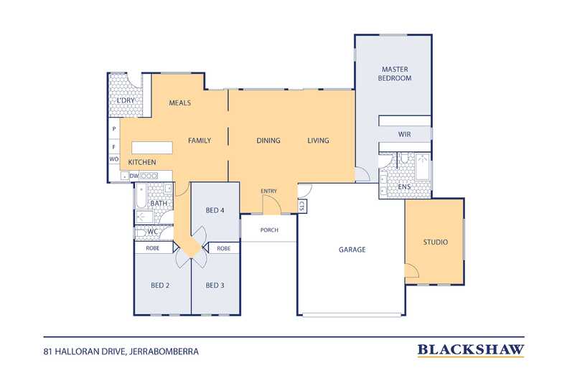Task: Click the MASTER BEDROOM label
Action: click(x=395, y=73)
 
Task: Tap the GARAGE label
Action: click(x=352, y=250)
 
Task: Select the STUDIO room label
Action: click(x=436, y=242)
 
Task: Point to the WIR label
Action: click(x=404, y=134)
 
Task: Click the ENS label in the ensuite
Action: click(x=404, y=186)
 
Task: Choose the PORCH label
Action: click(x=269, y=230)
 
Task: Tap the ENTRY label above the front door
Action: click(x=268, y=191)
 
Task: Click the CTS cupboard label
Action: click(x=302, y=206)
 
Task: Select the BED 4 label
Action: click(x=215, y=210)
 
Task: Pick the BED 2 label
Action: click(x=160, y=285)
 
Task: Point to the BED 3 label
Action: click(x=215, y=285)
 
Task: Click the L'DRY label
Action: click(x=126, y=100)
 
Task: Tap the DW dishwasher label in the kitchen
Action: click(x=133, y=176)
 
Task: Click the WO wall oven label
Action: click(x=114, y=159)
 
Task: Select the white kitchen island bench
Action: click(x=152, y=148)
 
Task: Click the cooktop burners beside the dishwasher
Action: click(x=149, y=176)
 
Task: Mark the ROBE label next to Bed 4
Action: click(x=224, y=248)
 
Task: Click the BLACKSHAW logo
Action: click(x=471, y=350)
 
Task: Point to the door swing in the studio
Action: click(x=412, y=270)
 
